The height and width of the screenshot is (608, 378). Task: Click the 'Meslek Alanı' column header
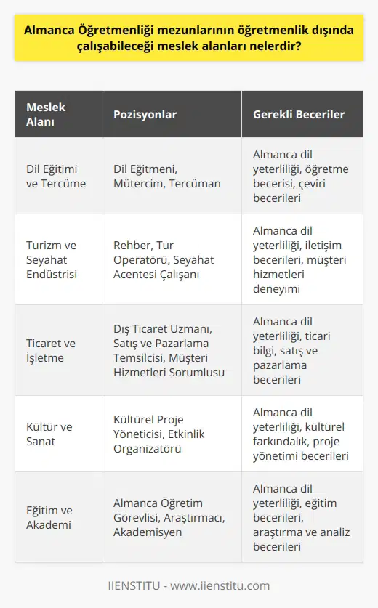46,115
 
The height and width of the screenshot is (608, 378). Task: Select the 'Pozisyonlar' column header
145,115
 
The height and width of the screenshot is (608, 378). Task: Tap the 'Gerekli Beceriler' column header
298,115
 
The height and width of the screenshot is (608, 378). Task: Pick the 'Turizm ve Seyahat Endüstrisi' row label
52,259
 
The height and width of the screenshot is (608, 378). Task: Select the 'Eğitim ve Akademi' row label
50,516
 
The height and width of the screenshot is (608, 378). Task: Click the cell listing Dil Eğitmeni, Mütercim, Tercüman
166,176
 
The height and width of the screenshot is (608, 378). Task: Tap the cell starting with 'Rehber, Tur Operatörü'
167,259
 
